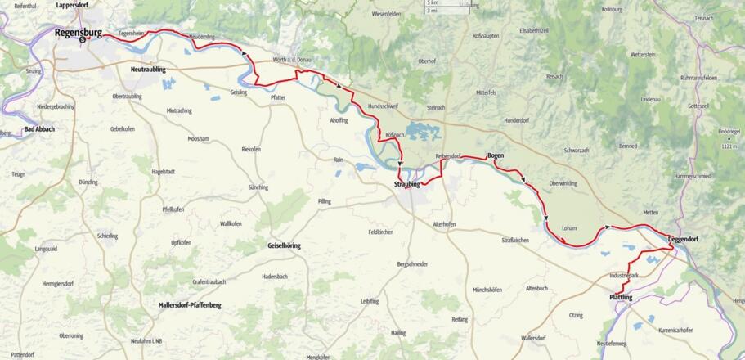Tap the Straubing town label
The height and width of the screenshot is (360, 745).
pos(406,185)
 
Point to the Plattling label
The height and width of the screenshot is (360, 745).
pos(621,297)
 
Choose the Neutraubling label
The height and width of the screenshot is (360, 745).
pos(148,70)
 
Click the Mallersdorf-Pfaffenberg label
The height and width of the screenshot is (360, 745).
pos(190,305)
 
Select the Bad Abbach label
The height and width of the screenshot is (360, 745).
pos(39,129)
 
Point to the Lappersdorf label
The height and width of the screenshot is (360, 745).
pos(72,5)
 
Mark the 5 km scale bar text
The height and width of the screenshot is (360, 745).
pos(432,3)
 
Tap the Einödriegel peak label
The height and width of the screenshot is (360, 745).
pos(728,131)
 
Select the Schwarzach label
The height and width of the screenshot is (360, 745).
pos(577,151)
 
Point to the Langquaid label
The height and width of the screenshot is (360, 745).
pos(46,248)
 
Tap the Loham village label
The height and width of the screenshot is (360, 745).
pos(570,227)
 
